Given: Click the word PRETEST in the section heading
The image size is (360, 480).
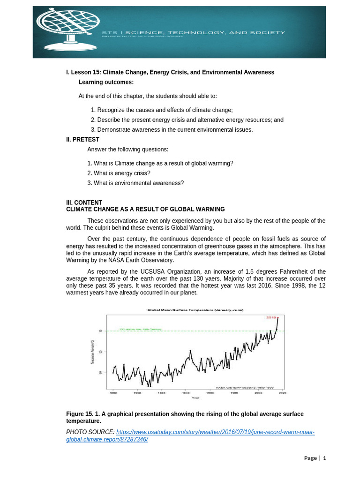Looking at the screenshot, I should pyautogui.click(x=86, y=139).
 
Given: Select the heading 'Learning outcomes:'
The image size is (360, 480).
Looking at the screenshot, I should pyautogui.click(x=106, y=82).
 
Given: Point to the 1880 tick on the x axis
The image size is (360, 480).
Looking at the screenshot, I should pyautogui.click(x=113, y=393).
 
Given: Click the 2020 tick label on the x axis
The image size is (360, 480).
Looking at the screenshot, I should pyautogui.click(x=282, y=393).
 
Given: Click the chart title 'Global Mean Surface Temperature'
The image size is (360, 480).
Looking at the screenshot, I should pyautogui.click(x=195, y=310).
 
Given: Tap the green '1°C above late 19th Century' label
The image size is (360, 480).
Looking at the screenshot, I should pyautogui.click(x=140, y=329).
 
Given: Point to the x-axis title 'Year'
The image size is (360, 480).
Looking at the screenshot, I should pyautogui.click(x=195, y=398).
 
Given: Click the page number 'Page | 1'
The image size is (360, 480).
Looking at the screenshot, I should pyautogui.click(x=315, y=458).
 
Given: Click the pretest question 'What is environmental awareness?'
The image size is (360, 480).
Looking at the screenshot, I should pyautogui.click(x=135, y=183).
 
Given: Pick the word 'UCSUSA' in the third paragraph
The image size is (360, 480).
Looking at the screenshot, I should pyautogui.click(x=145, y=272).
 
